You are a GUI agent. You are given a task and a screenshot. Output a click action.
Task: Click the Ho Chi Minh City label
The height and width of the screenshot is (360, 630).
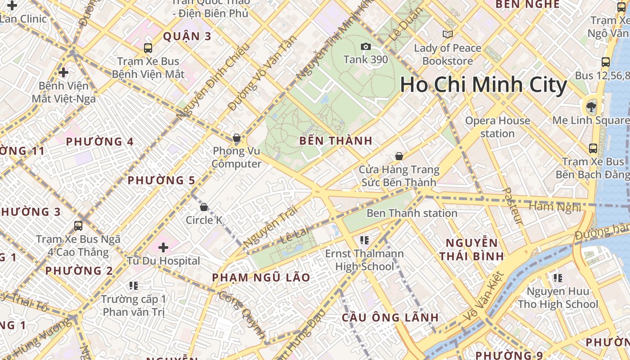[483, 85]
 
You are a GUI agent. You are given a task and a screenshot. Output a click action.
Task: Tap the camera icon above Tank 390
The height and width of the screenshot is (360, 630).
[365, 46]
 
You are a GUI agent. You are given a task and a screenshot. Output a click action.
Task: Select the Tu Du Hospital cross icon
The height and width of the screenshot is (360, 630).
[163, 247]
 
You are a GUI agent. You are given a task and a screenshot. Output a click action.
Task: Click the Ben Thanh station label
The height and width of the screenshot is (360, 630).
[412, 213]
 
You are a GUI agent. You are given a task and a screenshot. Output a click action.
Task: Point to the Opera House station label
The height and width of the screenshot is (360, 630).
[497, 127]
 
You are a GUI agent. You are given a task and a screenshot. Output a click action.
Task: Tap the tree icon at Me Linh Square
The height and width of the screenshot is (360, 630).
[590, 107]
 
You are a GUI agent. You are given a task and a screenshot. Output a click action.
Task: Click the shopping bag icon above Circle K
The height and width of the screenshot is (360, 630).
[204, 207]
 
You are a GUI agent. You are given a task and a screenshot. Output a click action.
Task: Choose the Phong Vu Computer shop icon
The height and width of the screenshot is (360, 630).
[237, 138]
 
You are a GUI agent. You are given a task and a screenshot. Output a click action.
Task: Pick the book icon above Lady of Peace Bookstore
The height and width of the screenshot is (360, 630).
[447, 34]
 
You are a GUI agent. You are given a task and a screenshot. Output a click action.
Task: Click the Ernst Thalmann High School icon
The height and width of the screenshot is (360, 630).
[364, 240]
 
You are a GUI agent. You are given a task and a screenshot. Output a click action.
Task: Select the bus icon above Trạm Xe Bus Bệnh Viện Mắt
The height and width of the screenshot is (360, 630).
[148, 48]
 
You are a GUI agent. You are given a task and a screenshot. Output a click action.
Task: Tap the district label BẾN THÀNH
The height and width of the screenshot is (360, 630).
[336, 141]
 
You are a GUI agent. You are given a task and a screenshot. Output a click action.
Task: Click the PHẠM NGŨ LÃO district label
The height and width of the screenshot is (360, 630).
[261, 277]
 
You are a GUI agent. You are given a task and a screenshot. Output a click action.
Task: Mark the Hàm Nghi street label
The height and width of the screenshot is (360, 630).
[554, 207]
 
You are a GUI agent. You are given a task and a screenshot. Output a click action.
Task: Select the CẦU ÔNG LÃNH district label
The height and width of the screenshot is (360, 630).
[390, 317]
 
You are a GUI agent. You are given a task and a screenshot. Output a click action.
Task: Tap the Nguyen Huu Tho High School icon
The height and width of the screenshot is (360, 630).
[558, 278]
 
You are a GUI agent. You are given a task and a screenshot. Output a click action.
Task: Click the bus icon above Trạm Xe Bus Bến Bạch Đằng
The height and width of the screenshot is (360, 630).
[593, 148]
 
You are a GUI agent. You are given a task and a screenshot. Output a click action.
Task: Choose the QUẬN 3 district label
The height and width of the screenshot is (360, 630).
[187, 36]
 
